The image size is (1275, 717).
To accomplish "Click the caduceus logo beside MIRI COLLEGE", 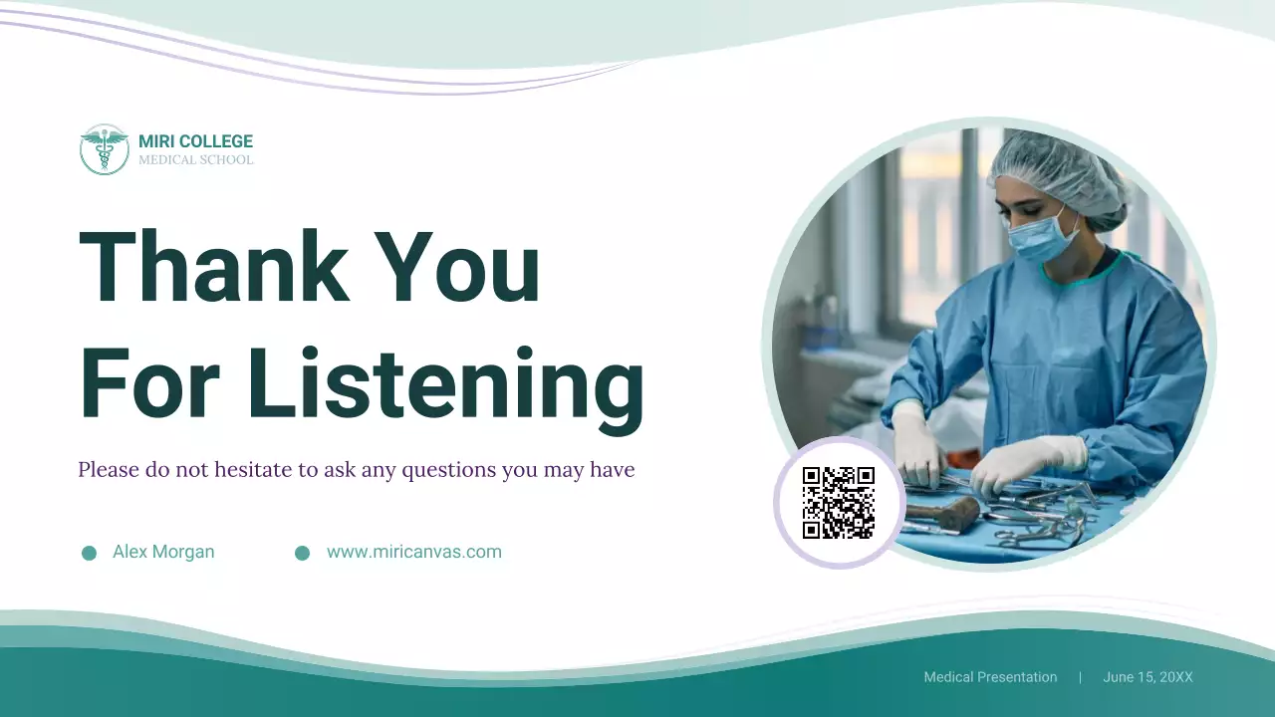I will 105,150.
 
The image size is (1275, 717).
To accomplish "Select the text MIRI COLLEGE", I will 195,141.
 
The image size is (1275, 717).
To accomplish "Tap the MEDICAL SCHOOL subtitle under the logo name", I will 195,160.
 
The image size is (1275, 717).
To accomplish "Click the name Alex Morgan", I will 163,552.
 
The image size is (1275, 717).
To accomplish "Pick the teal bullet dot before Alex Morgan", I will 89,553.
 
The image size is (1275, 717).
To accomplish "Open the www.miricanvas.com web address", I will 414,552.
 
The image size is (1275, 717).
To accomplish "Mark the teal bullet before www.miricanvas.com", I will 302,553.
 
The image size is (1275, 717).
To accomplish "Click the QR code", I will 839,503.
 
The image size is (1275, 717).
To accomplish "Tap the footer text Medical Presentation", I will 990,677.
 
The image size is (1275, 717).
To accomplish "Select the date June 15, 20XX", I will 1147,677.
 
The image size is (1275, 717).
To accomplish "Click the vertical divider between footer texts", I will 1080,677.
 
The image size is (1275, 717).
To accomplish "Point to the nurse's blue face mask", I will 1041,239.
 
